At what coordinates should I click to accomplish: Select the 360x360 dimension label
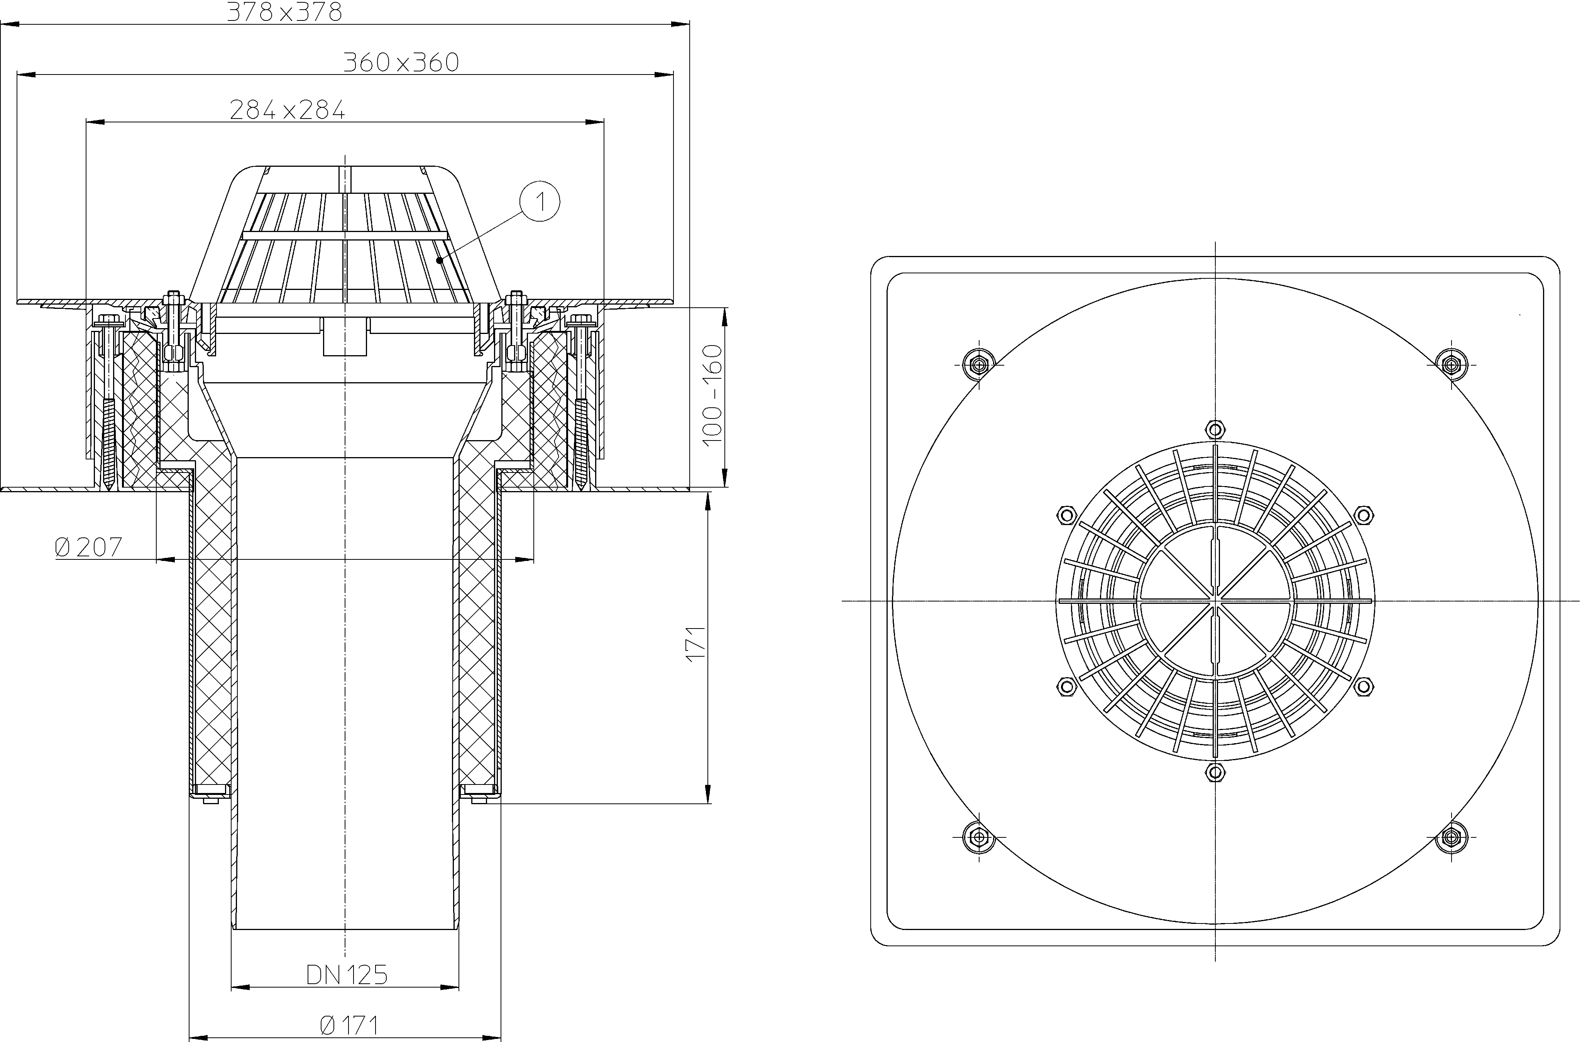tap(401, 62)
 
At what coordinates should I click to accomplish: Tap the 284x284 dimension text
tap(287, 110)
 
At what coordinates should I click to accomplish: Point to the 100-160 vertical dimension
tap(712, 396)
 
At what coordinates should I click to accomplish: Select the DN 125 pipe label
tap(346, 975)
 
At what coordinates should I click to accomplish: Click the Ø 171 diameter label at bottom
tap(348, 1025)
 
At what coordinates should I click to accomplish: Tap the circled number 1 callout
tap(540, 201)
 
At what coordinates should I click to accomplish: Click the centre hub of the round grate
tap(1216, 601)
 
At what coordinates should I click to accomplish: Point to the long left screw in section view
tap(108, 406)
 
